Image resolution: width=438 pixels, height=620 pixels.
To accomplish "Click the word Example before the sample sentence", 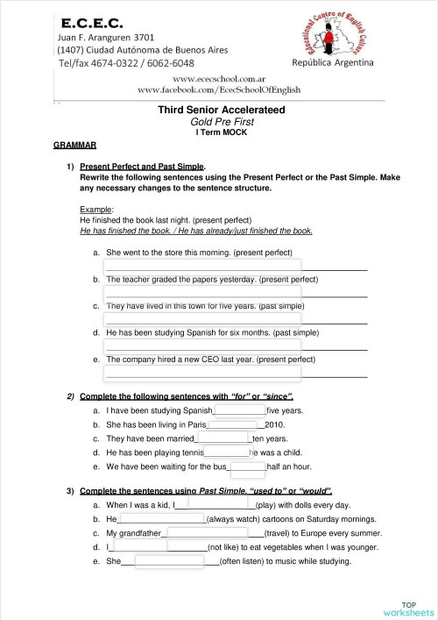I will pos(95,209).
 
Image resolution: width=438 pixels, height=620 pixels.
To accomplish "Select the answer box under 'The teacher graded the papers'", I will pos(202,289).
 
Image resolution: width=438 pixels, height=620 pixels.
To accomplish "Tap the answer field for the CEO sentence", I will pos(202,369).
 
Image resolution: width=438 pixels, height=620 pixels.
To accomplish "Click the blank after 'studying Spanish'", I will pos(240,410).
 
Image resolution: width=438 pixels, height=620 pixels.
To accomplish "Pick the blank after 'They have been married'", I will pos(223,438).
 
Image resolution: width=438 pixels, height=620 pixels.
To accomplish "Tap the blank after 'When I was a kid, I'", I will pos(215,505).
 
